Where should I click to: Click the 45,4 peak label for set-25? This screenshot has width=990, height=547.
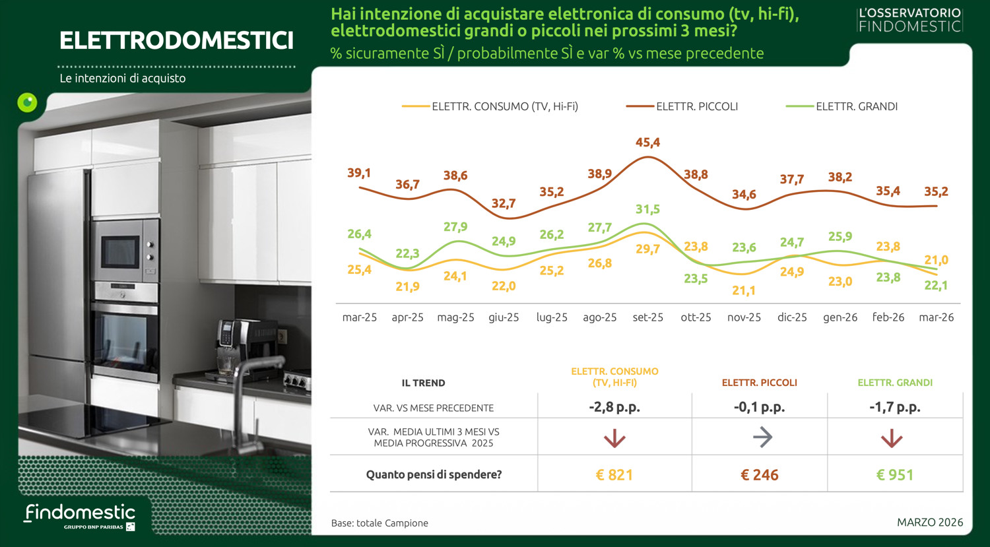coord(647,143)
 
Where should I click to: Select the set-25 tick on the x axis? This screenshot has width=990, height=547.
coord(647,317)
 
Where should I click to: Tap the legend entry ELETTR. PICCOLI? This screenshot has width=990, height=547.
coord(696,106)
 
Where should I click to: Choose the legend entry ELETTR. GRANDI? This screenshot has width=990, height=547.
coord(856,106)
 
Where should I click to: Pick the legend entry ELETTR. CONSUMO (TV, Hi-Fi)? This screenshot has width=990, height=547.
coord(504,106)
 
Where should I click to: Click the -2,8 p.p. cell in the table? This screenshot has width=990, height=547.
coord(614,407)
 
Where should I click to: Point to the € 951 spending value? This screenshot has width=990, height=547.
coord(894,475)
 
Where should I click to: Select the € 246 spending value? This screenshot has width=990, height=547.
coord(760,475)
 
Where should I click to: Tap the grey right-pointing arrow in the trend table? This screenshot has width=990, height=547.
coord(762,437)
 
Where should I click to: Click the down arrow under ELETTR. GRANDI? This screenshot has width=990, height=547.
coord(892,438)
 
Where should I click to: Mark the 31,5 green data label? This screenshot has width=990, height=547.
coord(647,209)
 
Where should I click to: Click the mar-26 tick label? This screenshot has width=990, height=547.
coord(936,317)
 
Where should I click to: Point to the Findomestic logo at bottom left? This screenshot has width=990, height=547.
coord(80,515)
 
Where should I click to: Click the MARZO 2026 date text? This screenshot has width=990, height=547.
coord(929,522)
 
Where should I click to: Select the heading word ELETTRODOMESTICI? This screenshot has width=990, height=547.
coord(176,41)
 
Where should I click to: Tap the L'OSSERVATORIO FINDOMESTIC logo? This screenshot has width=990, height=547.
coord(909,20)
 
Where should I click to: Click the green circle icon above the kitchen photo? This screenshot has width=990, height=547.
coord(27,102)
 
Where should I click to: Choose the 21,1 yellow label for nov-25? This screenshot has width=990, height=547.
coord(744,290)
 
